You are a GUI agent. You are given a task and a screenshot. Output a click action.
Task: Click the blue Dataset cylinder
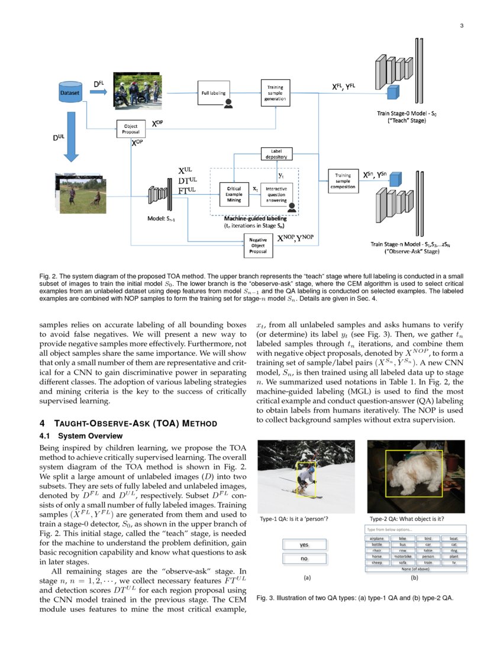[71, 92]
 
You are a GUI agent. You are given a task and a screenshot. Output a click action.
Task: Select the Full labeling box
[213, 93]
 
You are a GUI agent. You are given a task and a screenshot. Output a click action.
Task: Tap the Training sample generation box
[275, 93]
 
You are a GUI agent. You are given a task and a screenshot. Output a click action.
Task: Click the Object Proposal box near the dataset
[131, 128]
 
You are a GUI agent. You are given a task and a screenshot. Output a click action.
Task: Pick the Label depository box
[275, 154]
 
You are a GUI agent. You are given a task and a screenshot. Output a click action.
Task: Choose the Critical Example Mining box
[234, 193]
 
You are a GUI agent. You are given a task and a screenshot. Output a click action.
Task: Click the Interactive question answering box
[276, 194]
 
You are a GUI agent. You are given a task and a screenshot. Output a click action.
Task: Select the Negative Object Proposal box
[258, 245]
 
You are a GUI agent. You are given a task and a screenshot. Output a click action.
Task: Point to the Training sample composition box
[343, 181]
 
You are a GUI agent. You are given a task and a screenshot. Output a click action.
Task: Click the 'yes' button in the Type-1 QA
[304, 544]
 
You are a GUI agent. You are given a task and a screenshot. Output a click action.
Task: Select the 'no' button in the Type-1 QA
[304, 558]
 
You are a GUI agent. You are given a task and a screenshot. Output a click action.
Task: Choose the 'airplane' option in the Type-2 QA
[376, 539]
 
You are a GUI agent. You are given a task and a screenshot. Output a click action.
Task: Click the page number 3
[461, 25]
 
